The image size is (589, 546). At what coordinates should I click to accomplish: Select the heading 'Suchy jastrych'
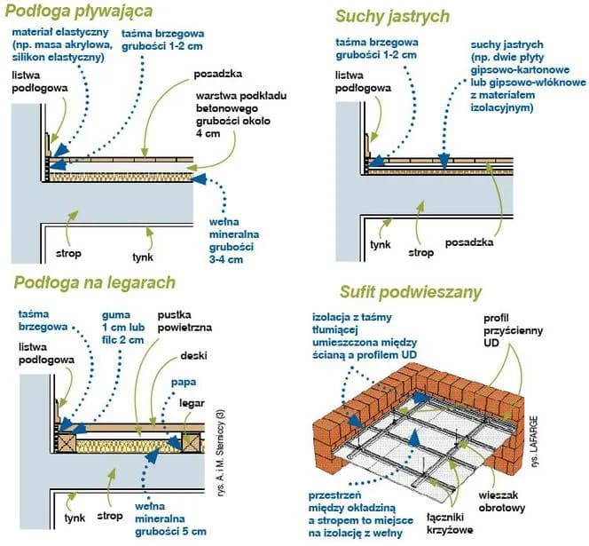tap(392, 16)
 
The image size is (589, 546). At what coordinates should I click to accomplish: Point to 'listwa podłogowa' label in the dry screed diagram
tap(361, 83)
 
